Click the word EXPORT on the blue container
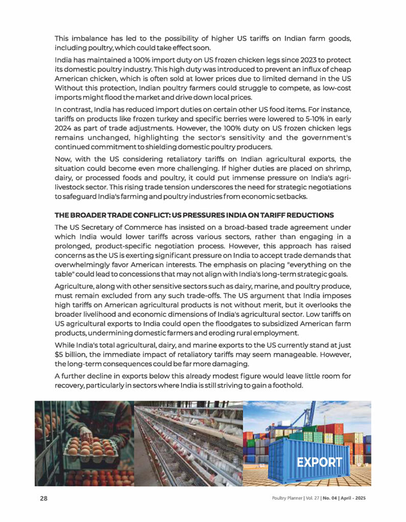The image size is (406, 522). [319, 462]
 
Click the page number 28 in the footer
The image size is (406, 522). [44, 498]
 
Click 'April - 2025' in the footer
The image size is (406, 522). [354, 498]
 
